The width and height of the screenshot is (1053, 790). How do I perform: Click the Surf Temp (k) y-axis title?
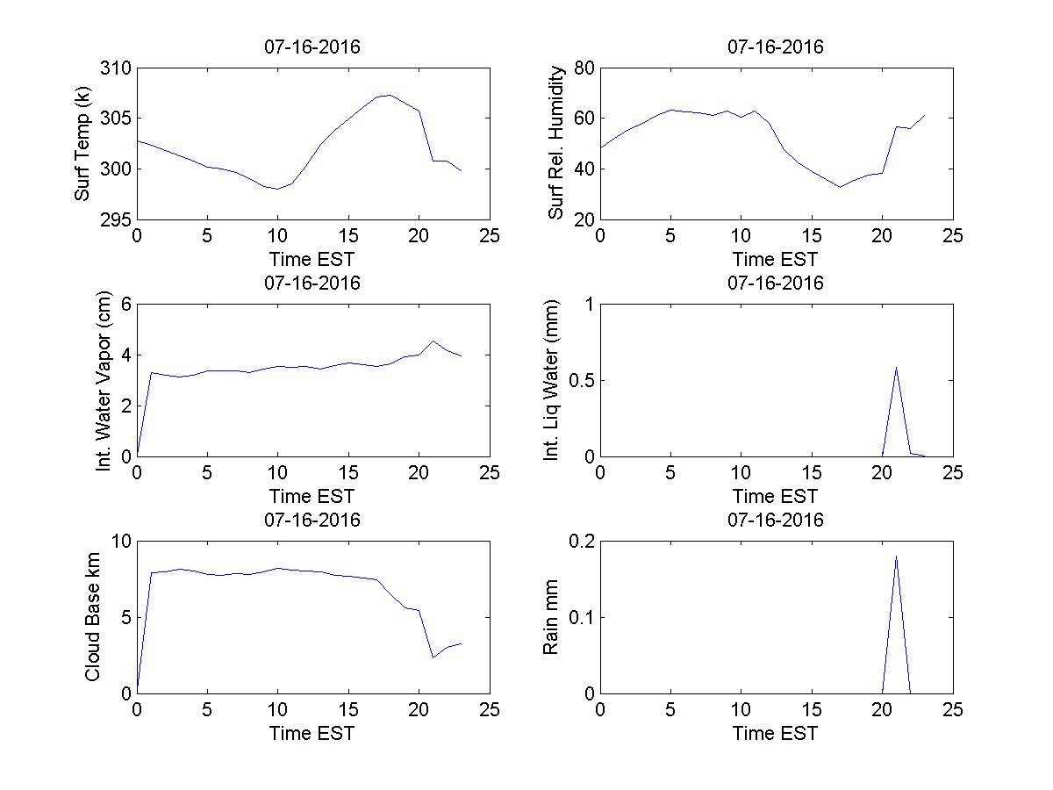coord(83,145)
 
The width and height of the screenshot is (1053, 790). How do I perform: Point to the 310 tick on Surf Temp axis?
coord(117,68)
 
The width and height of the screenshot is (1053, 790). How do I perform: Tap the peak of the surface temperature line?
coord(389,95)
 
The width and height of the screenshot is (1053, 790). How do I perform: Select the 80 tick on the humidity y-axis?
coord(584,68)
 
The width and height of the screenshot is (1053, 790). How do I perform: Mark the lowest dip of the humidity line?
coord(840,186)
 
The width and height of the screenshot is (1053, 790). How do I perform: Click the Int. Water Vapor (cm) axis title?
coord(104,380)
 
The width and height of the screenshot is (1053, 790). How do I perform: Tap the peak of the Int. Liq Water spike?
coord(896,368)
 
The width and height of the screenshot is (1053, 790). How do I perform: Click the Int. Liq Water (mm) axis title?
coord(551,380)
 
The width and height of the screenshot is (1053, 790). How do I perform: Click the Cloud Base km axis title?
coord(92,617)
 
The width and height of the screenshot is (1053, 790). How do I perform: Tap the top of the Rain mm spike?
coord(896,556)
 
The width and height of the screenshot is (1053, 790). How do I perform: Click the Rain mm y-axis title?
coord(551,617)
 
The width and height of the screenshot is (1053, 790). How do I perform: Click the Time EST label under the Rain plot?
coord(776,733)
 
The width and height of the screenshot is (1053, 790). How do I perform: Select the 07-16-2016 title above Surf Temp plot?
coord(312,47)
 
